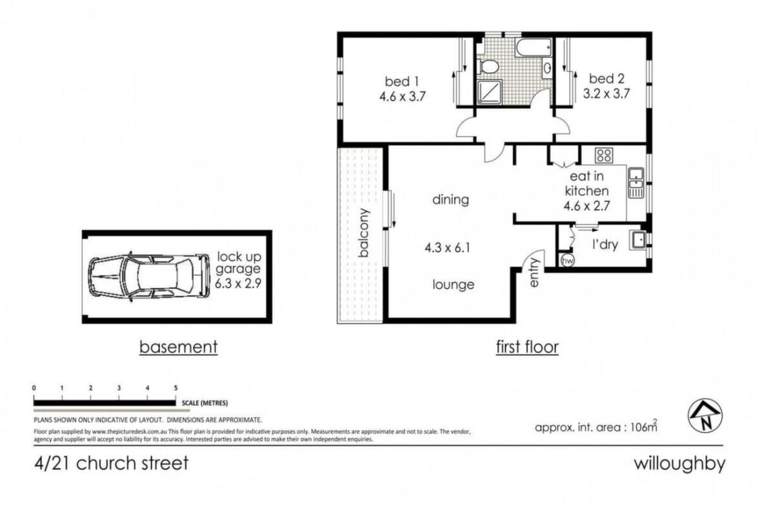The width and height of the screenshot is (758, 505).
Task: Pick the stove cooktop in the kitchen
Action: [603, 155]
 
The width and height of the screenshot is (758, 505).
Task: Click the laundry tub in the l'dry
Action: [638, 240]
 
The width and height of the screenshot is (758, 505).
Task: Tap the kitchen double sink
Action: [635, 183]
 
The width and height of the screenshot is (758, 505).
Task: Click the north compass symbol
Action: [705, 416]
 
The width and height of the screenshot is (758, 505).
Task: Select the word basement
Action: [179, 346]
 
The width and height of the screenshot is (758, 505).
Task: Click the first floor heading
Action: [527, 346]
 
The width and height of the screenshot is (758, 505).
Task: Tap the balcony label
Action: [364, 232]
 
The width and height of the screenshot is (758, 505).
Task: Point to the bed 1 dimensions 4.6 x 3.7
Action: [402, 96]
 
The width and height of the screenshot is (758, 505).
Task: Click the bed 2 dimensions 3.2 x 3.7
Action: [606, 93]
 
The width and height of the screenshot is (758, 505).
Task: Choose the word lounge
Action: [453, 284]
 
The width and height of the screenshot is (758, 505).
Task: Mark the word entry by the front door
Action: [534, 273]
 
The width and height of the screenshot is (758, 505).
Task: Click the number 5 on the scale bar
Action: [176, 388]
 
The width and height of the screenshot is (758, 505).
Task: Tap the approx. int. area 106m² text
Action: [596, 426]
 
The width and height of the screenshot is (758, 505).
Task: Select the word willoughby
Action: [679, 464]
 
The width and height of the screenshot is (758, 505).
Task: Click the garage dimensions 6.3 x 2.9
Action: [238, 283]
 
